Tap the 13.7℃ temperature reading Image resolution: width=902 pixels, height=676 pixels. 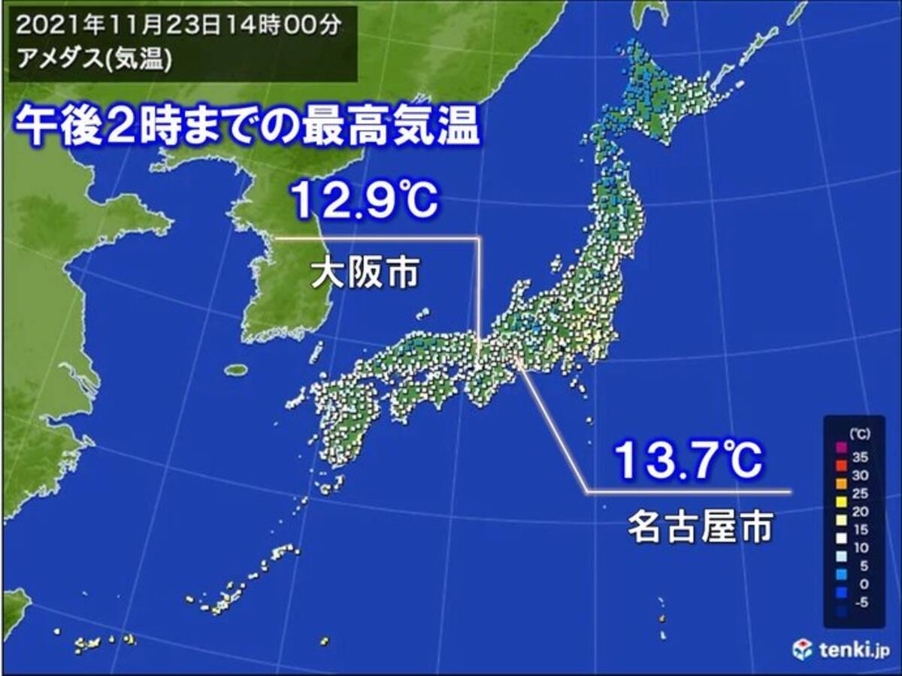(x=688, y=460)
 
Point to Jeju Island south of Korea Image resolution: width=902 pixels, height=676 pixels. (x=236, y=370)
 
